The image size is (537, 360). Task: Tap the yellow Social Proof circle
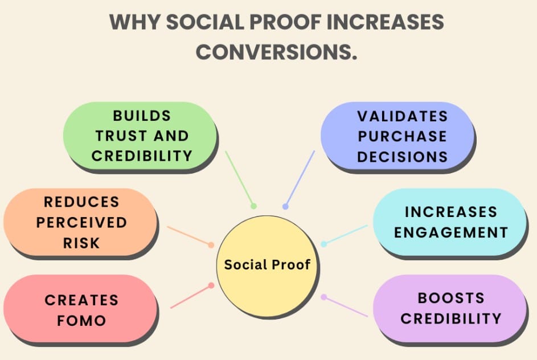click(267, 265)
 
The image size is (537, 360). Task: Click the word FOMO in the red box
click(81, 320)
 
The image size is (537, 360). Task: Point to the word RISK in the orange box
click(81, 243)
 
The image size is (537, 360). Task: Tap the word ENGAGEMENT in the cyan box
click(450, 232)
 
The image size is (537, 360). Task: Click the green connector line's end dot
click(253, 206)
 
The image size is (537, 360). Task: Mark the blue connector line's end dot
click(285, 206)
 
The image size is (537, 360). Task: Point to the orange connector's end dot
click(211, 245)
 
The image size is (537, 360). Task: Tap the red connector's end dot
click(211, 285)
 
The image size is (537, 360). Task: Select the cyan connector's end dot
click(323, 244)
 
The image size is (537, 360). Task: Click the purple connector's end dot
click(323, 297)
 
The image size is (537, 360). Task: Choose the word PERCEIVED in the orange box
click(81, 222)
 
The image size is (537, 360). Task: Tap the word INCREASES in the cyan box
click(450, 212)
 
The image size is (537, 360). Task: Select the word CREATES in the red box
click(81, 300)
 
